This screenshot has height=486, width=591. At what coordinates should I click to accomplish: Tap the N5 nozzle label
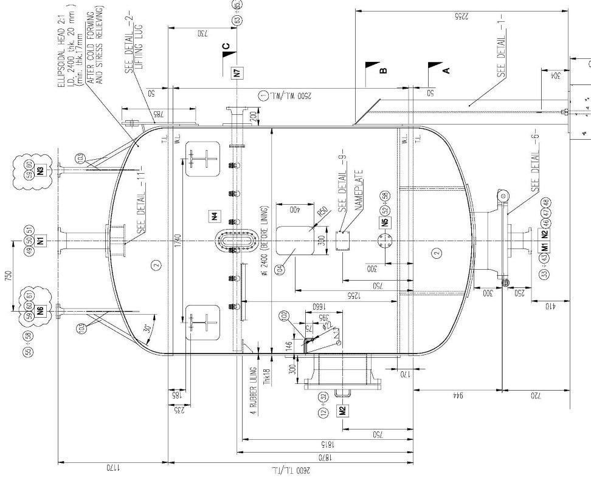(x=385, y=222)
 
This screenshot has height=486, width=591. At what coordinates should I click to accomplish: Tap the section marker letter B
(x=382, y=71)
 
